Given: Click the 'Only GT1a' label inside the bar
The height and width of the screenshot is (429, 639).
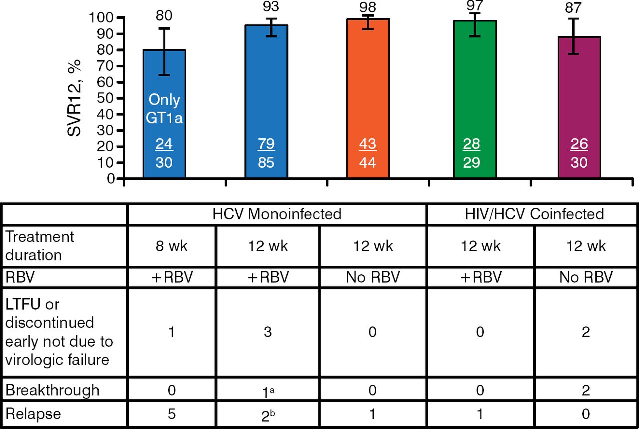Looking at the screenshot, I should point(164,108).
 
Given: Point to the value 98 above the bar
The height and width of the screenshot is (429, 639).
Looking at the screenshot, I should point(368,7).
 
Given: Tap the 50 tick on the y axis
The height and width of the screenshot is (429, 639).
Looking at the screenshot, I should point(106,98).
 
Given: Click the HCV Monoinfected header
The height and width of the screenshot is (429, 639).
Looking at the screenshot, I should point(277,214).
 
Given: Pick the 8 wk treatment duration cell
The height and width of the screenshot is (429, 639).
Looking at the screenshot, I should point(171,246).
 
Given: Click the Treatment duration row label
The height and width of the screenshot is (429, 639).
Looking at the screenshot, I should point(40,246).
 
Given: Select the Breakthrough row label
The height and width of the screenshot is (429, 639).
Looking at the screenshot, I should point(52,390).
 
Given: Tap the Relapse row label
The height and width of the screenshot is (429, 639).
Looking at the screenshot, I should point(34,414).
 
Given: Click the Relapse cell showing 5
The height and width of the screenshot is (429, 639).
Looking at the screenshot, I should point(171,414).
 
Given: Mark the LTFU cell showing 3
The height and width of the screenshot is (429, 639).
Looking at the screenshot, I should point(268,332).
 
